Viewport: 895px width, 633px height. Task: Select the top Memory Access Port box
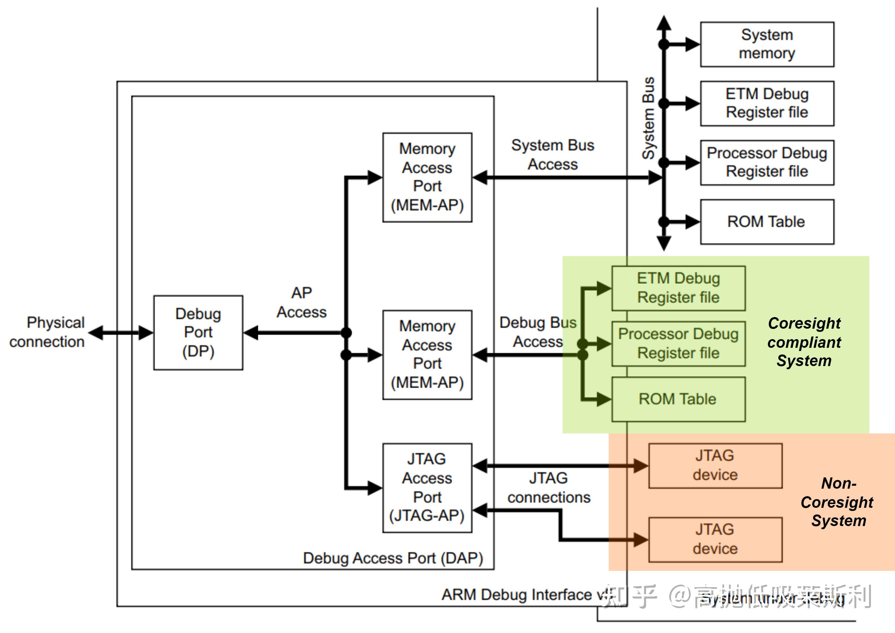[427, 177]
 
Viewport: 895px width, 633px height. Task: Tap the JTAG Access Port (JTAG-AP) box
[427, 488]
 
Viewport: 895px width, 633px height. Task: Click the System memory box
[767, 44]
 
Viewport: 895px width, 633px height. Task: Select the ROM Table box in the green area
[678, 399]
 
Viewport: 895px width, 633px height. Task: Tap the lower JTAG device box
[715, 539]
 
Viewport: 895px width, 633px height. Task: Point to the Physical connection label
[48, 332]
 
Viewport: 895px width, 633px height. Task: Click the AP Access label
[301, 302]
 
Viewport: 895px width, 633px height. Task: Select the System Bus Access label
[553, 154]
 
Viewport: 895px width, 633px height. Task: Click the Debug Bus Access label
[538, 332]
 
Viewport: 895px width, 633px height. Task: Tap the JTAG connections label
[549, 488]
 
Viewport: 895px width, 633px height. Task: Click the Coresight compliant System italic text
[804, 342]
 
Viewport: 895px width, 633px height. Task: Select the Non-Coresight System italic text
[838, 502]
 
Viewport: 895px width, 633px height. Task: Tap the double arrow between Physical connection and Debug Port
[121, 333]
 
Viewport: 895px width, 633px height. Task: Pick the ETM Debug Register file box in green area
[678, 288]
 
